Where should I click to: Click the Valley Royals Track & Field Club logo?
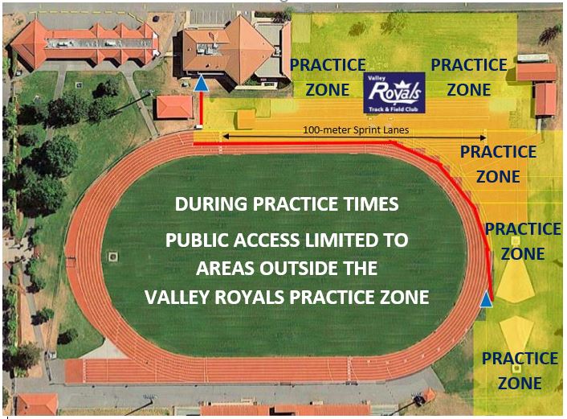coord(394,92)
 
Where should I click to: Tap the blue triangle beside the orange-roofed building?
coord(202,83)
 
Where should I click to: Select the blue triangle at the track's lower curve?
coord(487,299)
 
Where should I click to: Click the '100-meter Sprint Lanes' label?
coord(356,129)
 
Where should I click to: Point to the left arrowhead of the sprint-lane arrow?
coord(225,137)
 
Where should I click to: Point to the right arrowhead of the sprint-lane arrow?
coord(483,138)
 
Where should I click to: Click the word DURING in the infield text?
coord(211,204)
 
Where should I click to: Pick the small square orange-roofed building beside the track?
coord(174,107)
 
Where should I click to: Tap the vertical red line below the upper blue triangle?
coord(201,108)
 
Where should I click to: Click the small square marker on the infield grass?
coord(113,257)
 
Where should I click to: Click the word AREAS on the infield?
coord(226,268)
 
